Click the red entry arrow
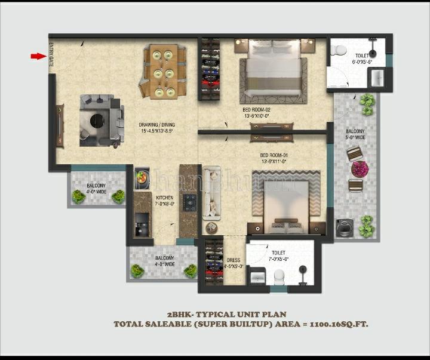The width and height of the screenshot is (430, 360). coord(38,56)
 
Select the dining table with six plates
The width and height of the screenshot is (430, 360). coord(163,72)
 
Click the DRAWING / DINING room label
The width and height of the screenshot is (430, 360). coord(157,128)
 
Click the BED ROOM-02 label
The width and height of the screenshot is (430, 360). coord(257,113)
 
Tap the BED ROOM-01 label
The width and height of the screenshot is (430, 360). coord(257,158)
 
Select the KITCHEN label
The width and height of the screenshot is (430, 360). coord(165,201)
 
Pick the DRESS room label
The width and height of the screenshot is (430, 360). coord(234,263)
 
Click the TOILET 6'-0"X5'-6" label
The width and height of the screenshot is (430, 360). coord(363,58)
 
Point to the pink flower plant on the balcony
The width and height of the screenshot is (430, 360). coord(360,169)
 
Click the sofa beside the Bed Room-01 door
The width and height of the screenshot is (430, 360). coord(211,192)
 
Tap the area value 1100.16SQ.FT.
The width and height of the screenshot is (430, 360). coord(337,324)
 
